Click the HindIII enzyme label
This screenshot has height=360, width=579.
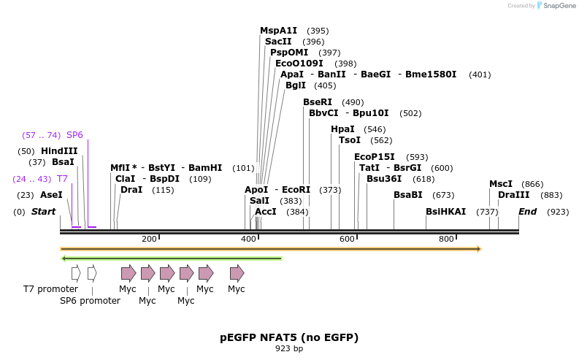pos(59,151)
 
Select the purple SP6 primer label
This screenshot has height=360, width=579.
pos(74,135)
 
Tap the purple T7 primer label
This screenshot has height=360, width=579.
pos(62,179)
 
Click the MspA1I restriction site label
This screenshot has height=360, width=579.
pos(278,31)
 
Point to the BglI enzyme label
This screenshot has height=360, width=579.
pos(296,85)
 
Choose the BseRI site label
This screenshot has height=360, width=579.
pos(318,102)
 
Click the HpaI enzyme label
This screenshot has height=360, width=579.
pos(342,129)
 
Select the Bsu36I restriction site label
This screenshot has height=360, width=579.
pos(384,179)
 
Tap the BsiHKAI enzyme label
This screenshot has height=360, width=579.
pos(445,212)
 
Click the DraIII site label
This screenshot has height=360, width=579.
pos(514,195)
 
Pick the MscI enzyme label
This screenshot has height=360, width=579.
pos(501,184)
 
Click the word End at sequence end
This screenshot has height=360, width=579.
pos(527,212)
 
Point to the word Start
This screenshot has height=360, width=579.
pos(43,212)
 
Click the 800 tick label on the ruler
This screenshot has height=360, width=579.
pos(446,240)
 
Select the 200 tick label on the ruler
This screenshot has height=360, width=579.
pos(149,240)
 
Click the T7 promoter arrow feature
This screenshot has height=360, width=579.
pos(76,273)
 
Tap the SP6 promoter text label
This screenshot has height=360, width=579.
pos(90,301)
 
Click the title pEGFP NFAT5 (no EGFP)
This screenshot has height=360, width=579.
pos(289,337)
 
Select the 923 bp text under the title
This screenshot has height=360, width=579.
pos(289,349)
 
